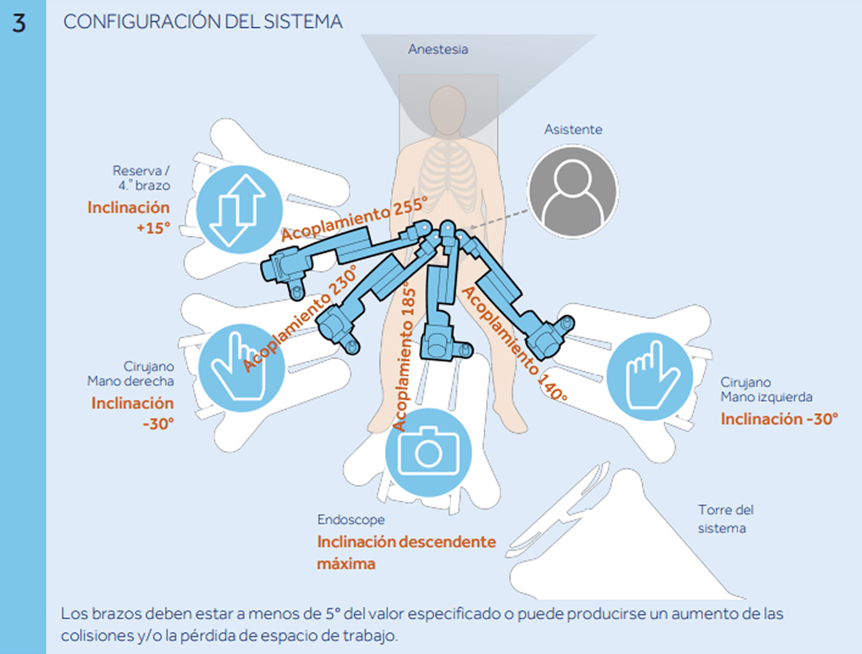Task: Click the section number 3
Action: point(19,23)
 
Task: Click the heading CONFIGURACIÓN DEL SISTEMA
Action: point(203,22)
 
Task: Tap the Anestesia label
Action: point(438,50)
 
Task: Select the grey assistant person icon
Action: point(572,191)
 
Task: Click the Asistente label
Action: point(573,130)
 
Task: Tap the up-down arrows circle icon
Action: point(239,210)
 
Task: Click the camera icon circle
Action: point(428,453)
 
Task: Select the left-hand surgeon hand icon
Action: point(650,377)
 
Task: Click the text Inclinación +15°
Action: point(129,217)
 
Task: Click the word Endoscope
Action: point(351,520)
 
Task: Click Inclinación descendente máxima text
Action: point(406,552)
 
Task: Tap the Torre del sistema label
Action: point(725,519)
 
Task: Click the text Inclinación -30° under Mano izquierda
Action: point(779,419)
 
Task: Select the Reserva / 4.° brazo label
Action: point(141,178)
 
